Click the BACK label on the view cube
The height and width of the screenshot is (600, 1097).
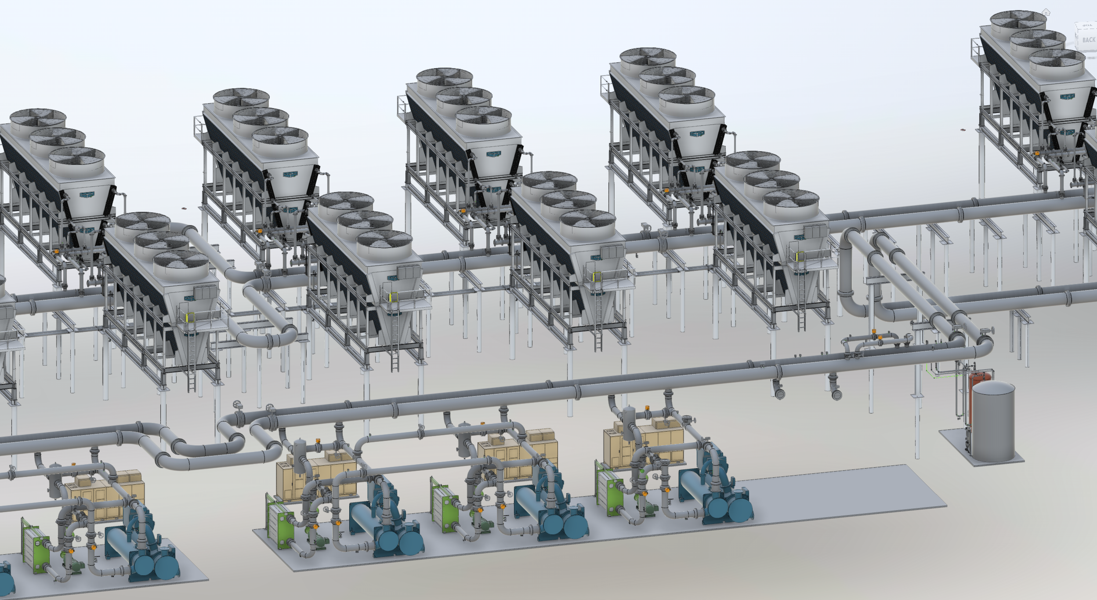point(1088,40)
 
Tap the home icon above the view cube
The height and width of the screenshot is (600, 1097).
point(1046,13)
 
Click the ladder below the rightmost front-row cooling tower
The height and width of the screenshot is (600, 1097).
point(802,308)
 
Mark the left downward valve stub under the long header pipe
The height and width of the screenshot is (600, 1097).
point(778,391)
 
